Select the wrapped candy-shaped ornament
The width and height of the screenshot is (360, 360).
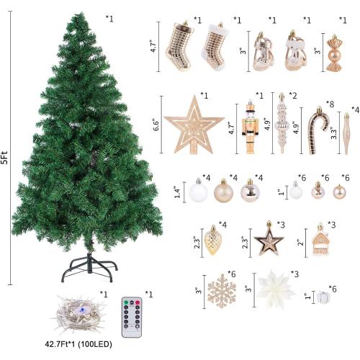point(336,55)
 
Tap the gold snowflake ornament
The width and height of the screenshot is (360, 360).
point(221,292)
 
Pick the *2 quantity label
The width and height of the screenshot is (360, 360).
point(293,95)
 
